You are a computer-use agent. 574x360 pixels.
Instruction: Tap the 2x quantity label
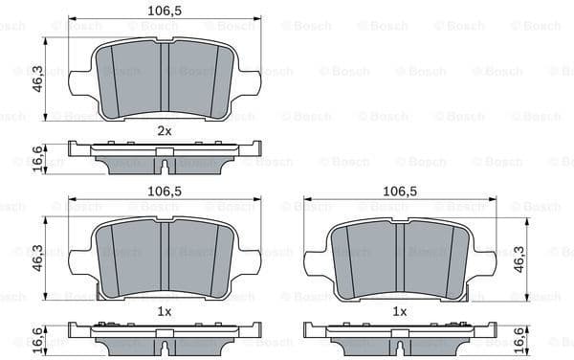[x=165, y=129]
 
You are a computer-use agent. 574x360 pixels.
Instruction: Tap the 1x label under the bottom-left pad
[x=165, y=312]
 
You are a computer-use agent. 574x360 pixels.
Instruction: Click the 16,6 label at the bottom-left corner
[x=36, y=337]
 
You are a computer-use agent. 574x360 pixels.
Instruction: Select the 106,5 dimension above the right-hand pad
[x=400, y=191]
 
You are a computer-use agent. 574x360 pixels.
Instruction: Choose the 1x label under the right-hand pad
[x=400, y=312]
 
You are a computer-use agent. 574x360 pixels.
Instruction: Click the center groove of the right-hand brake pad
[x=400, y=257]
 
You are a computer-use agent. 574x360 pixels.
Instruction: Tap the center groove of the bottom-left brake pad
[x=165, y=257]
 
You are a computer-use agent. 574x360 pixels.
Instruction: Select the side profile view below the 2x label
[x=165, y=154]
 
